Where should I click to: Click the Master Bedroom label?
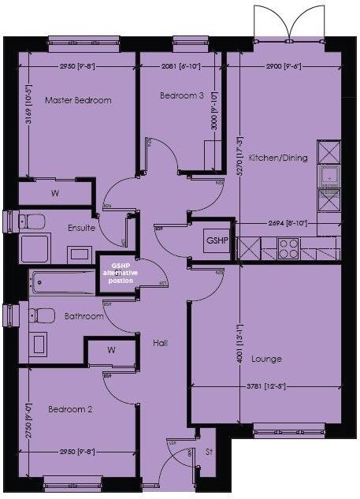tap(77, 100)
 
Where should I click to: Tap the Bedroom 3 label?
tap(182, 95)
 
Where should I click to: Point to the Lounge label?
tap(266, 359)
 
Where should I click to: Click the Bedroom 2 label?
tap(70, 410)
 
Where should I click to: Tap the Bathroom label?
tap(84, 316)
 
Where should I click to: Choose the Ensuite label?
tap(82, 228)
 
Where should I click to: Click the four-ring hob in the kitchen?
tap(289, 248)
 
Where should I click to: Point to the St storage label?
tap(210, 452)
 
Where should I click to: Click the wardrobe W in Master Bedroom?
tap(55, 192)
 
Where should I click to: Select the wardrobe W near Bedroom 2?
tap(111, 349)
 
